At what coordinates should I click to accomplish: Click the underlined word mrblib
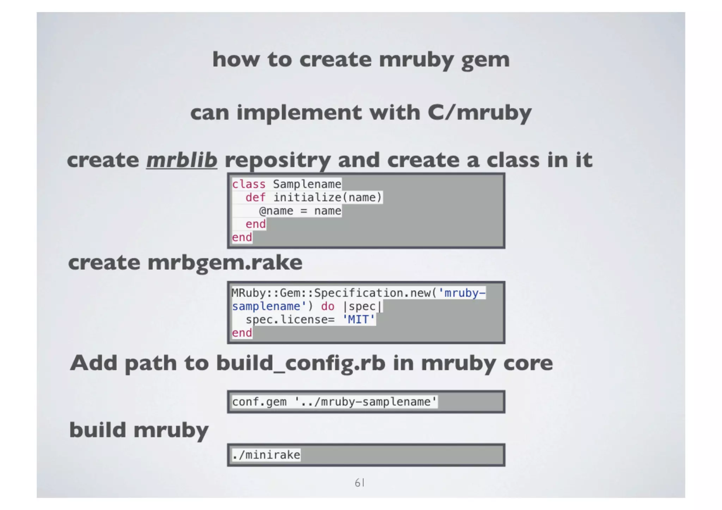tap(182, 160)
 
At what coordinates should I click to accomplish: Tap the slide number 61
tap(360, 483)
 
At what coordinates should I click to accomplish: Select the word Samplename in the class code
tap(307, 184)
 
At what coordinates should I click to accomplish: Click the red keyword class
tap(249, 184)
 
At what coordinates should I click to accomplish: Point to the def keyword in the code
tap(255, 198)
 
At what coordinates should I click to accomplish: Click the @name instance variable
tap(276, 211)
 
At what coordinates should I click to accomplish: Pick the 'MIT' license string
tap(359, 320)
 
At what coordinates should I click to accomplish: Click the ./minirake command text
tap(266, 455)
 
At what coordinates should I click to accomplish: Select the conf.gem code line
tap(334, 402)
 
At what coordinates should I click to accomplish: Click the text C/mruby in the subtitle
tap(479, 113)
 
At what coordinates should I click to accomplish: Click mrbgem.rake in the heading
tap(225, 263)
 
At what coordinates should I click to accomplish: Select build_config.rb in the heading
tap(301, 363)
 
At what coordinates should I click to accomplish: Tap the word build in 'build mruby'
tap(98, 430)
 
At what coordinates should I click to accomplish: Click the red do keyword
tap(328, 306)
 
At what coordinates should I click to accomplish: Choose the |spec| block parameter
tap(362, 306)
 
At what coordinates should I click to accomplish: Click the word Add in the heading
tap(93, 363)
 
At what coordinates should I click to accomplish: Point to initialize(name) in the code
tap(328, 198)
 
